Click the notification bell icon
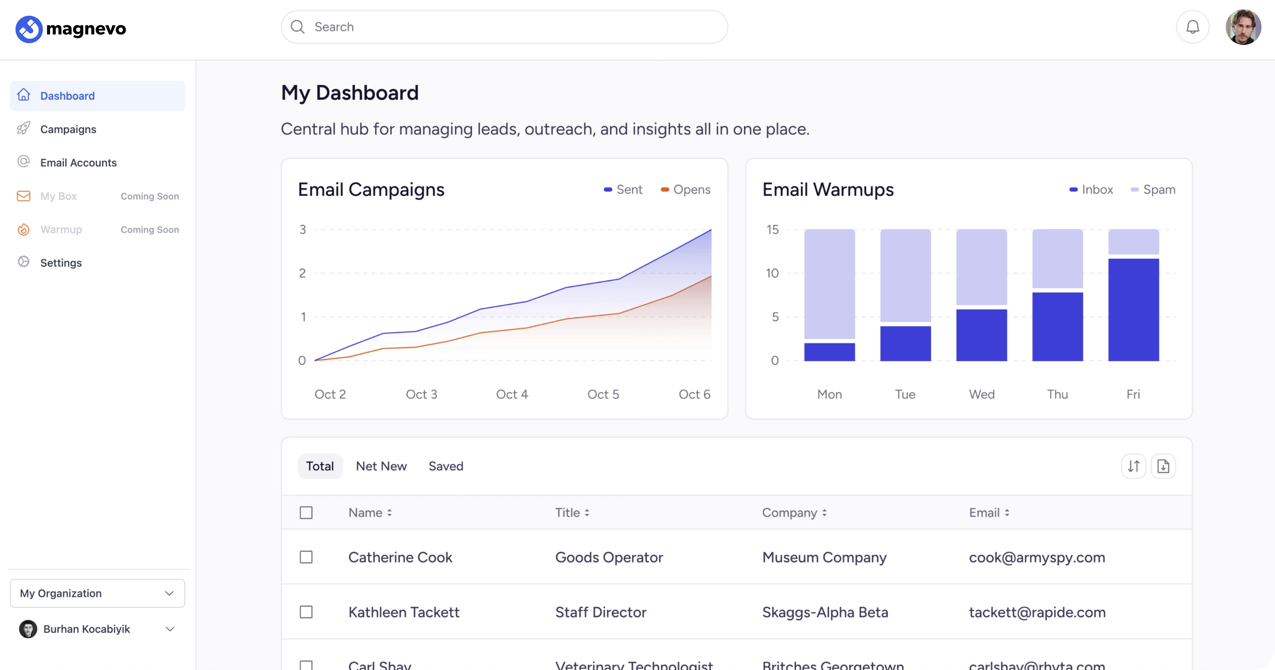(1192, 27)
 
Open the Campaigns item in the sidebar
(68, 129)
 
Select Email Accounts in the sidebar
(78, 163)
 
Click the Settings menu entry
(61, 263)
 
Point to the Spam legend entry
(1153, 190)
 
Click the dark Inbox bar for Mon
(830, 352)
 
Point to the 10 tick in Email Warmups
(772, 273)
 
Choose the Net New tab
(381, 466)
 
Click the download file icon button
(1163, 466)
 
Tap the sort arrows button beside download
(1133, 466)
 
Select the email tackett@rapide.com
(1037, 612)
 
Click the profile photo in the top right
(1243, 27)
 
